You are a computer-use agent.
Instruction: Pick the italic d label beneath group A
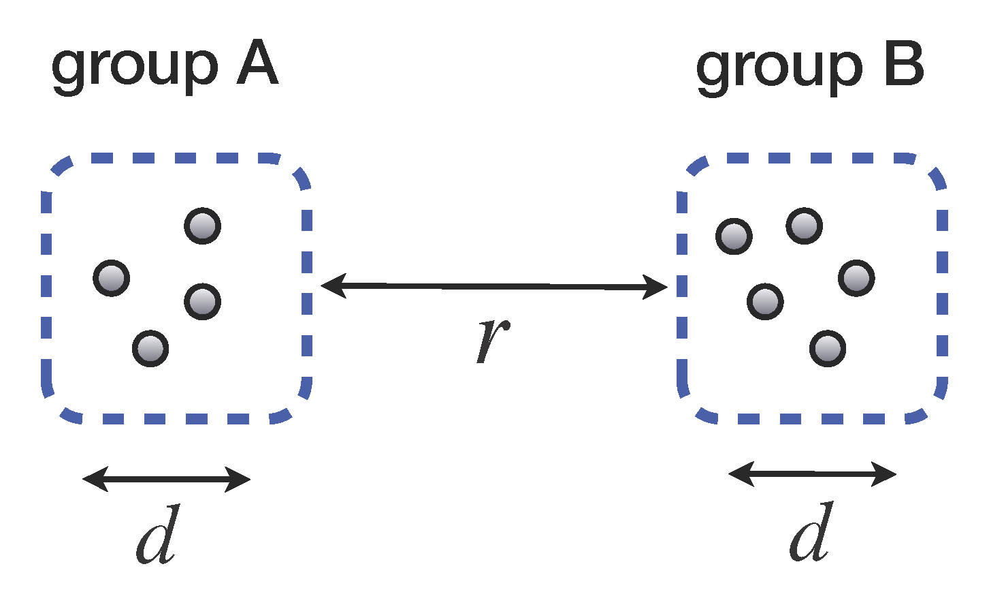click(x=159, y=535)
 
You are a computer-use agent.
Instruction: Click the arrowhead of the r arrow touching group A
click(x=332, y=284)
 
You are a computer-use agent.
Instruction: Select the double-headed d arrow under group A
click(x=167, y=480)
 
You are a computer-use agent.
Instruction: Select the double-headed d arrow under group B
click(x=813, y=474)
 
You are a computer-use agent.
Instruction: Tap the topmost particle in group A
click(x=203, y=226)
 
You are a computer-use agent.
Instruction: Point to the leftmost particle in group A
click(x=112, y=278)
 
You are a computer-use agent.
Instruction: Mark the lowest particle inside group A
click(x=150, y=348)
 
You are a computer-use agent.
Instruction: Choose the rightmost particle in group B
click(x=856, y=278)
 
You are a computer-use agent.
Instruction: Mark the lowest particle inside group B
click(x=828, y=348)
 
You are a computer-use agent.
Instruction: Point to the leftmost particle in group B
click(x=734, y=236)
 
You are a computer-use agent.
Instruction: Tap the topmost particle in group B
click(x=804, y=226)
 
